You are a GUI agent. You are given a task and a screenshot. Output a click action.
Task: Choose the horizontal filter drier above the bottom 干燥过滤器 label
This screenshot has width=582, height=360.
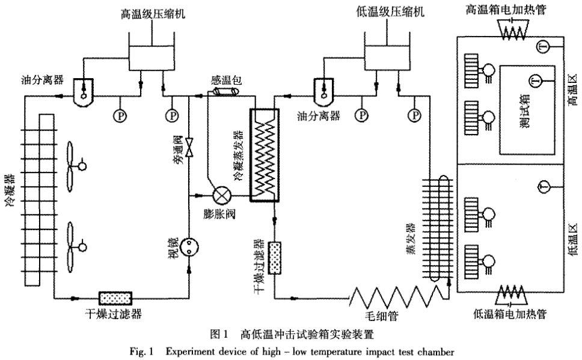pyautogui.click(x=117, y=297)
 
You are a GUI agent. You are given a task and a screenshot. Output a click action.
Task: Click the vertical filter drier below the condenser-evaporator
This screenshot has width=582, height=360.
pyautogui.click(x=275, y=258)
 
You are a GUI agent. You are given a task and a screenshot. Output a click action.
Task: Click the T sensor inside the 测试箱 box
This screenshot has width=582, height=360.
pyautogui.click(x=535, y=81)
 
